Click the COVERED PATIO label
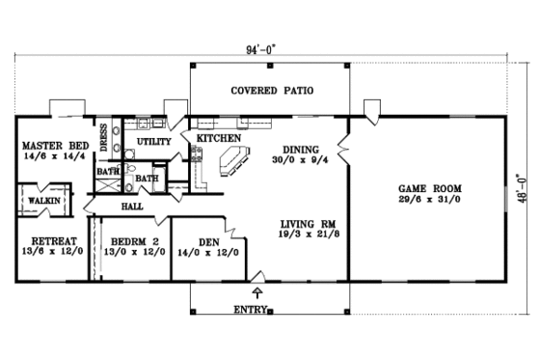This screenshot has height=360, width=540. [271, 91]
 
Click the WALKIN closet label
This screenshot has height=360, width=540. [43, 200]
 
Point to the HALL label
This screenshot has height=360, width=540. [132, 207]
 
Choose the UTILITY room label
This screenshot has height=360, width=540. [154, 142]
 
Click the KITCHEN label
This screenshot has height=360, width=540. [219, 140]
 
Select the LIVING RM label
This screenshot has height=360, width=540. [300, 219]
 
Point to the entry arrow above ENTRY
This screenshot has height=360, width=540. [257, 292]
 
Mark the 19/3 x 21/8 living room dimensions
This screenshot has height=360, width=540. [300, 233]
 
